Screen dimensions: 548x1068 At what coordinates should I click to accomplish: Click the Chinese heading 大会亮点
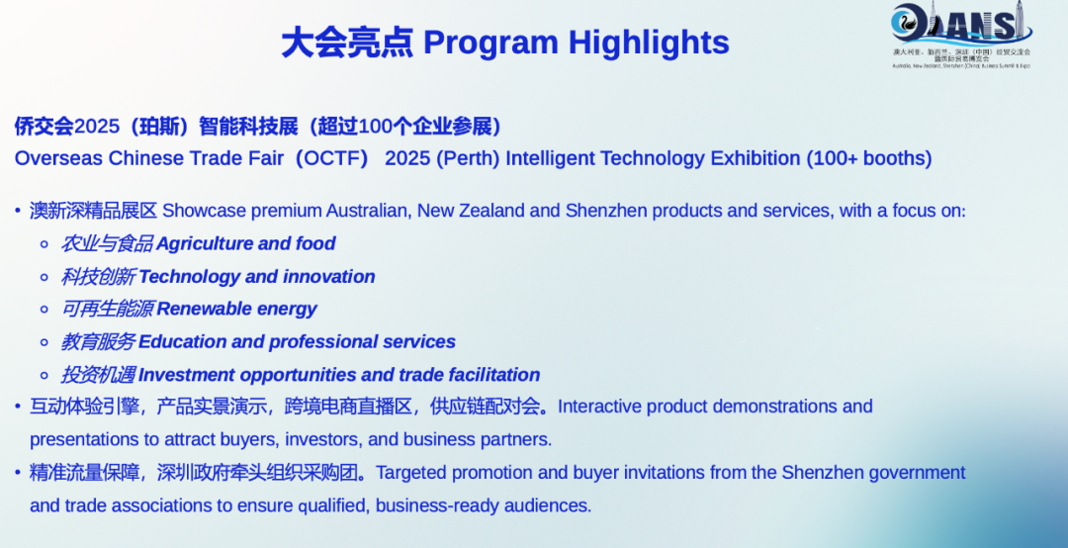click(346, 43)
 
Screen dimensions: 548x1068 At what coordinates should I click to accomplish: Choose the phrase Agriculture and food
click(246, 243)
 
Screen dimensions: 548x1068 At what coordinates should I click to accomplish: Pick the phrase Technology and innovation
click(257, 277)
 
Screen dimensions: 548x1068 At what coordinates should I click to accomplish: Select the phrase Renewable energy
click(236, 309)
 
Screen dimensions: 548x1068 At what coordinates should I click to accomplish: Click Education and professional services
click(297, 342)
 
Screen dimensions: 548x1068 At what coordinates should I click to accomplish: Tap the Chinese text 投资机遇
click(98, 375)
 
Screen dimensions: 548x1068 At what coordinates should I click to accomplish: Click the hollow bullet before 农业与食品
click(44, 244)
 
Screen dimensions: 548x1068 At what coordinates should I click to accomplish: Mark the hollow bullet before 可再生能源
click(44, 310)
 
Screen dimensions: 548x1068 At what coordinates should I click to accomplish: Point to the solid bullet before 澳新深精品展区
click(17, 211)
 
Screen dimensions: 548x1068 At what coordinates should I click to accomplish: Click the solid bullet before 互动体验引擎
click(17, 407)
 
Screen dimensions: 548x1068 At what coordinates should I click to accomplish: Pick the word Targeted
click(411, 473)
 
